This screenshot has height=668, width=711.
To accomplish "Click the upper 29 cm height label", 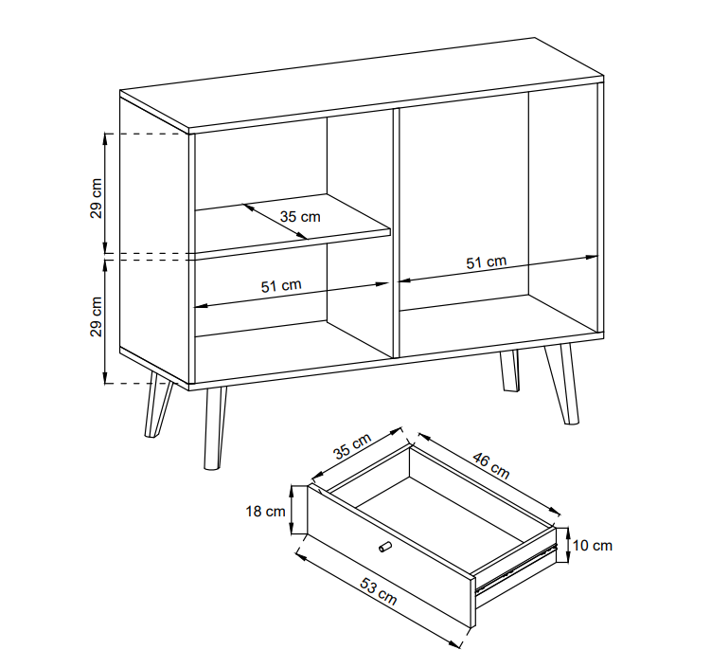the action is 97,198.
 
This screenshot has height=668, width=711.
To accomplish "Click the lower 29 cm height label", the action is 97,316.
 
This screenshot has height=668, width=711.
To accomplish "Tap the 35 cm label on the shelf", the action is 300,216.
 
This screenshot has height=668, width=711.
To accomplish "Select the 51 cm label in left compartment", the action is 281,286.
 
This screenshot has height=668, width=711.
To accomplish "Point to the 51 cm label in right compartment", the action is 486,262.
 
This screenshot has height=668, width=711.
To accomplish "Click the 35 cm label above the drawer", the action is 352,445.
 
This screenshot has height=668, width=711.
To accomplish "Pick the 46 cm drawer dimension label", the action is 491,465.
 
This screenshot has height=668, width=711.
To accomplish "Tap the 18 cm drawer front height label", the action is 266,512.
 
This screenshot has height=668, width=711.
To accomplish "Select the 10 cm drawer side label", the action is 593,545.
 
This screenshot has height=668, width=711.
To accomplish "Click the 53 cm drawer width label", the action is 378,591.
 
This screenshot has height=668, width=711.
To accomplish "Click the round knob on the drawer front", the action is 384,547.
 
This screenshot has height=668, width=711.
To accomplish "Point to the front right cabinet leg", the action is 560,384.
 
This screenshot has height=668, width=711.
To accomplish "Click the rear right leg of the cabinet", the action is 509,370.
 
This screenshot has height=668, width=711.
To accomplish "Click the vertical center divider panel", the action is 396,232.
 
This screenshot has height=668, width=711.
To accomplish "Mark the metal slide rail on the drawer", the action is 515,569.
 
